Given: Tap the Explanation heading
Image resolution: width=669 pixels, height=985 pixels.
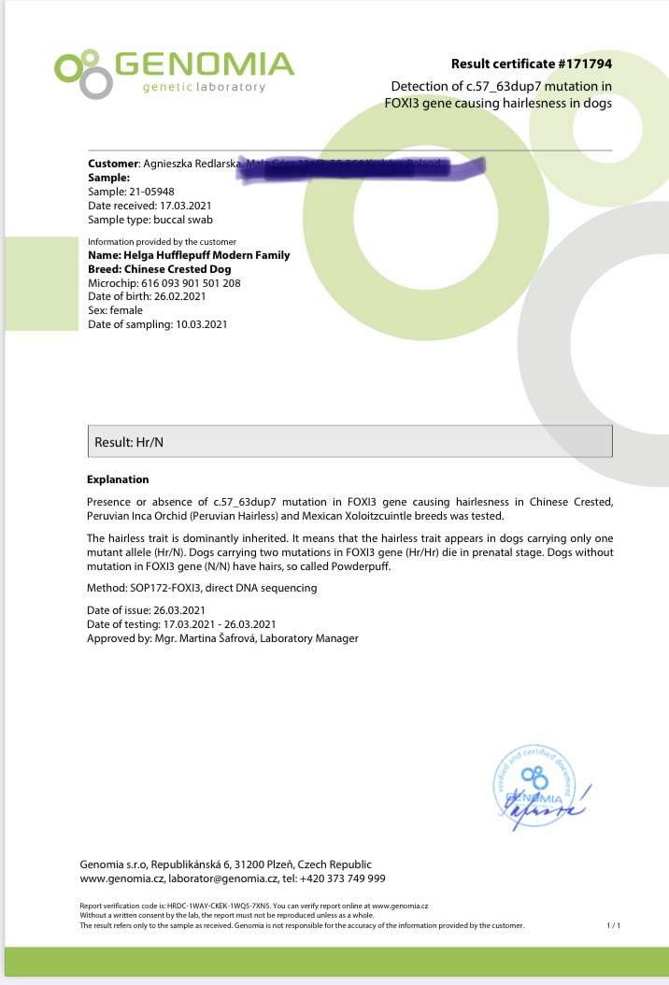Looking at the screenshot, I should [118, 479].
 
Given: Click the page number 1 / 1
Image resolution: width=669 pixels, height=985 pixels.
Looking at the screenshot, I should [614, 925].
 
